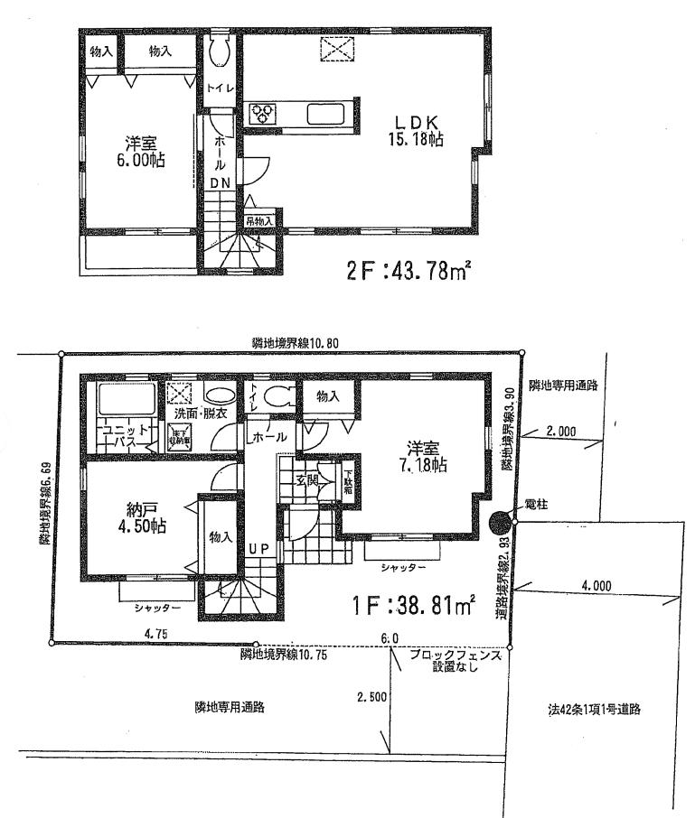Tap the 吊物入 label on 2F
pos(258,219)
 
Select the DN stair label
pos(221,183)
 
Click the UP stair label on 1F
pos(258,547)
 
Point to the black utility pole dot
pos(500,522)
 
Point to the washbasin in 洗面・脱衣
pos(218,394)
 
